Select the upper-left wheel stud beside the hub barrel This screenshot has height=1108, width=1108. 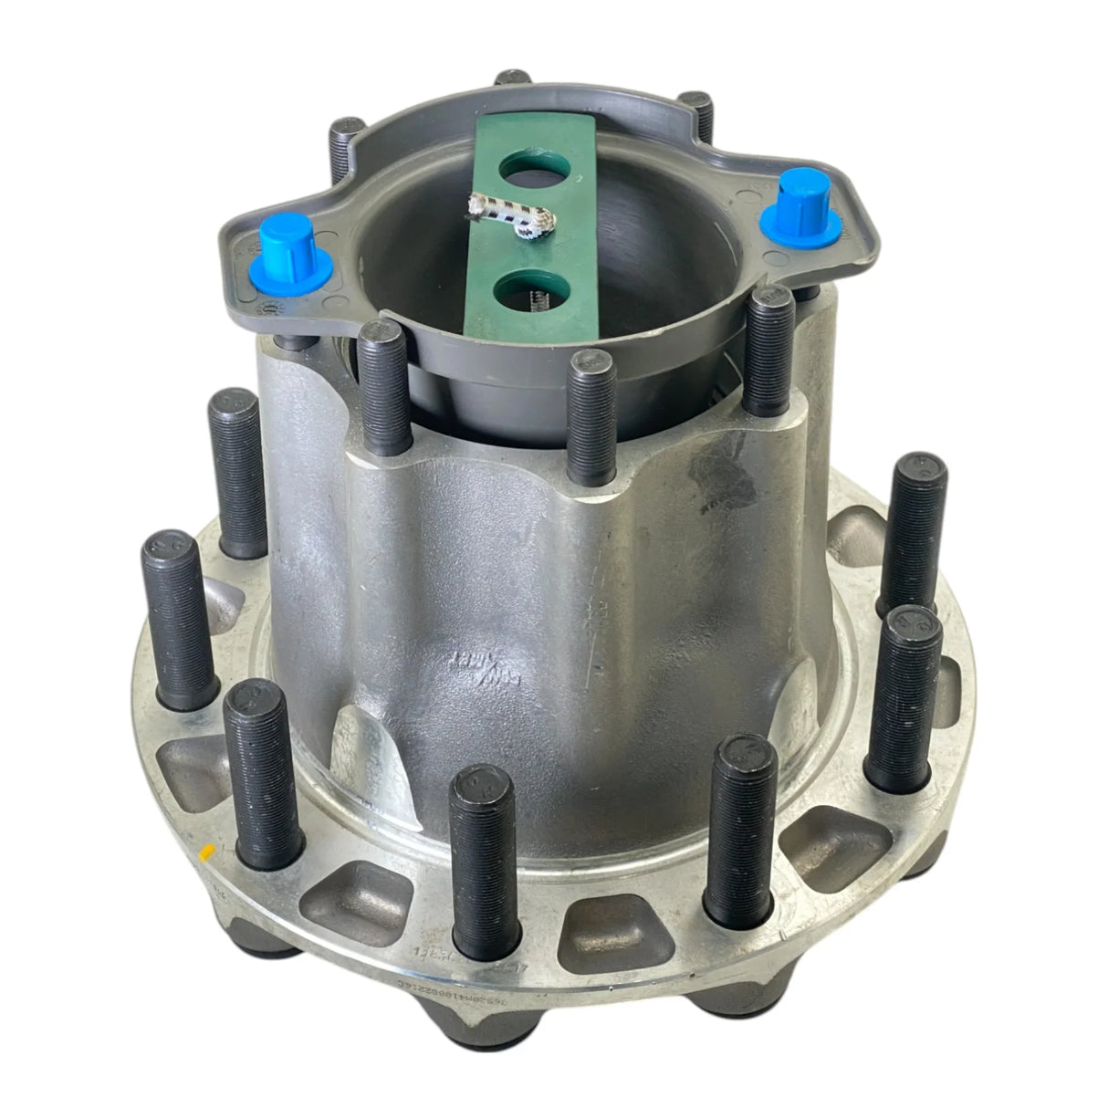click(x=238, y=471)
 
